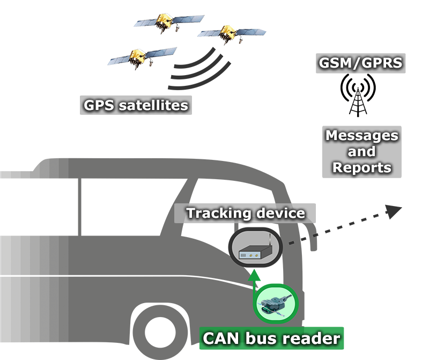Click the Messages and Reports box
click(361, 151)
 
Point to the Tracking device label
click(246, 213)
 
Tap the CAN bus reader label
click(271, 339)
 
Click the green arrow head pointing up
click(254, 275)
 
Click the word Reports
click(361, 167)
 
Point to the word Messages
click(361, 135)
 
